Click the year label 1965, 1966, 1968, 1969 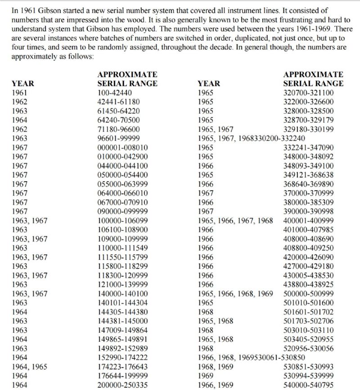[x=235, y=293]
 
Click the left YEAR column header [x=23, y=83]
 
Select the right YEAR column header [x=209, y=83]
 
